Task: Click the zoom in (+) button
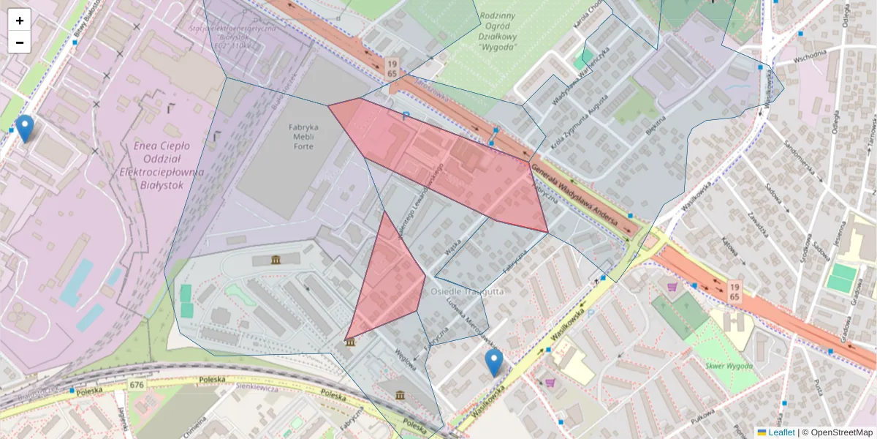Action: click(x=20, y=20)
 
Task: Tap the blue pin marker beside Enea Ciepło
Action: click(x=25, y=128)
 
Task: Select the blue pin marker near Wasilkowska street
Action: click(x=494, y=362)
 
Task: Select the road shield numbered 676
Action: click(x=137, y=384)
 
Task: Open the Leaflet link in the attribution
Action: click(x=781, y=432)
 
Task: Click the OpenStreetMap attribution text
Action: click(x=840, y=432)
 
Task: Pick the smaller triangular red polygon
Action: click(x=387, y=282)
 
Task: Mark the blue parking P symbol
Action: click(x=406, y=116)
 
